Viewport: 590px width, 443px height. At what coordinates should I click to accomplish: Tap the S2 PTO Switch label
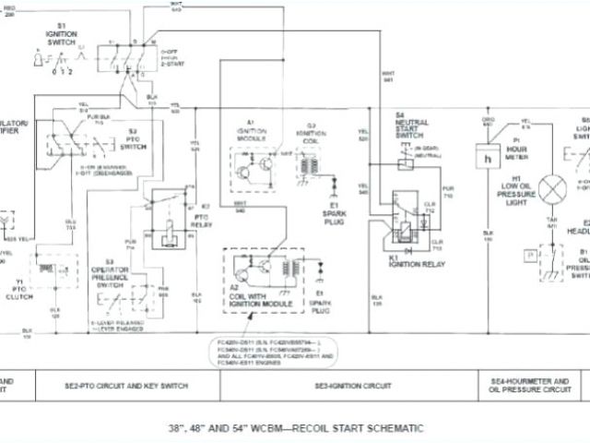pos(134,140)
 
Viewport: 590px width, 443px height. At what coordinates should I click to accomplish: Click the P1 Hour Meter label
pos(515,146)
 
